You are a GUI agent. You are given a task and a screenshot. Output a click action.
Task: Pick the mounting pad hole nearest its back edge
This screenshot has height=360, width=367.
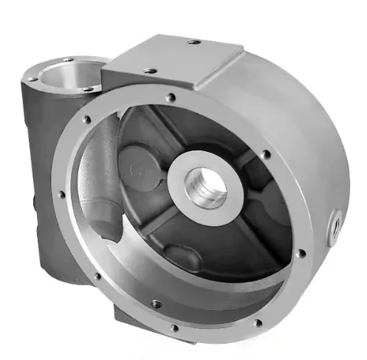[x=193, y=42]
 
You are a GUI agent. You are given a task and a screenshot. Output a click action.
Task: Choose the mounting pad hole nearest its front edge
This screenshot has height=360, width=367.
[x=150, y=71]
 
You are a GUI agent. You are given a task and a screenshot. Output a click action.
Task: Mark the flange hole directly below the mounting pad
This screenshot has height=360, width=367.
[x=171, y=97]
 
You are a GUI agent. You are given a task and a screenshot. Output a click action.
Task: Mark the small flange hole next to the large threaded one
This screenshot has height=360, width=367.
[x=174, y=328]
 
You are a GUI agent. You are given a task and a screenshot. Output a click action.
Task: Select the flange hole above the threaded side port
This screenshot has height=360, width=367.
[x=267, y=156]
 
